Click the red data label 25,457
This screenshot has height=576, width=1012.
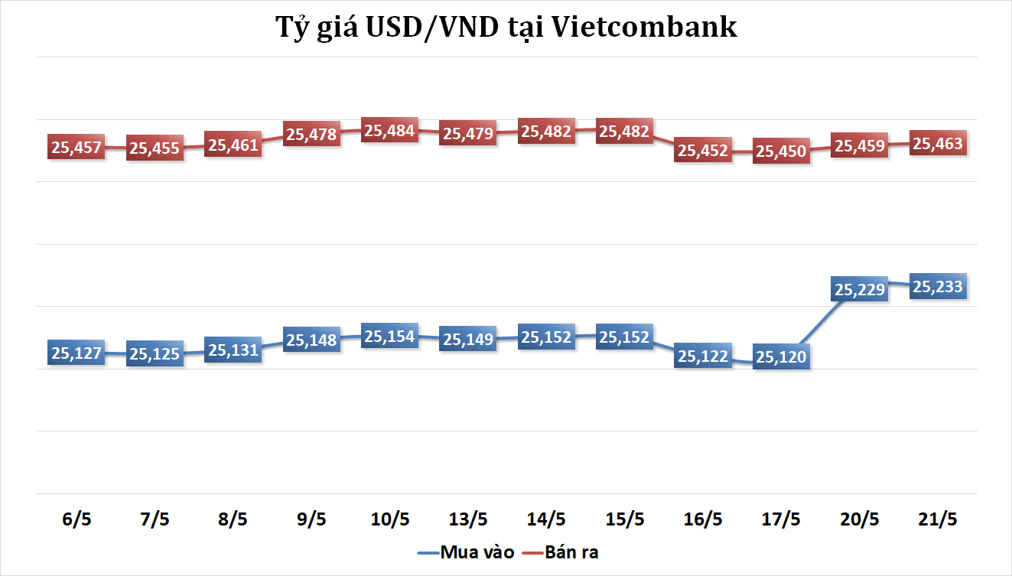76,147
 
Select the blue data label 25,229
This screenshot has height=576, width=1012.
860,289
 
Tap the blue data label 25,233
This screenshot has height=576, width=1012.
939,286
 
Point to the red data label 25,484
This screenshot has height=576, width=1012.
389,131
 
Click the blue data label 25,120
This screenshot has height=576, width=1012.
781,356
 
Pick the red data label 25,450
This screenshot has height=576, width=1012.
781,151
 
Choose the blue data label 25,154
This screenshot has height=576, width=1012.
389,337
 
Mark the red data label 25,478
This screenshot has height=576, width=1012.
311,134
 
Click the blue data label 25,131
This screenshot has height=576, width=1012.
233,350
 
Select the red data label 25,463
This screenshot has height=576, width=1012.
939,143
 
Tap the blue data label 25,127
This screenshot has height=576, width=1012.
76,353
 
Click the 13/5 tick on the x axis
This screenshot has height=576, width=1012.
468,519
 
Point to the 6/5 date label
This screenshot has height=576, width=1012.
76,519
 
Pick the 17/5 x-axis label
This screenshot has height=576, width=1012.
781,519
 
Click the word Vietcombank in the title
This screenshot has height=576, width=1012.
643,27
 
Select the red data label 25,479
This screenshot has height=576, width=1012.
468,133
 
